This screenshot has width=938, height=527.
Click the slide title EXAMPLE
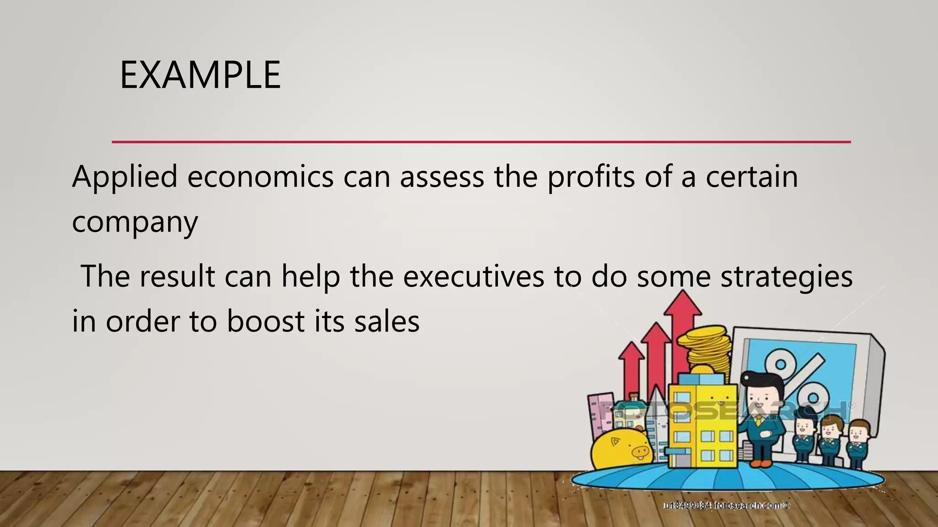[200, 75]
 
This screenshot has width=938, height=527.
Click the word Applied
[125, 177]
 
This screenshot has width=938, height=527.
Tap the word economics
[260, 177]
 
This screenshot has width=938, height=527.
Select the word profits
[591, 177]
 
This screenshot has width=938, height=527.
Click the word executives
[474, 277]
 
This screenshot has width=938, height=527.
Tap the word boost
[266, 321]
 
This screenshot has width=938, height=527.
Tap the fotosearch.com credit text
[727, 505]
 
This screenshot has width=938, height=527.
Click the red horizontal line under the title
[481, 142]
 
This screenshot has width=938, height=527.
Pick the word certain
[752, 177]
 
